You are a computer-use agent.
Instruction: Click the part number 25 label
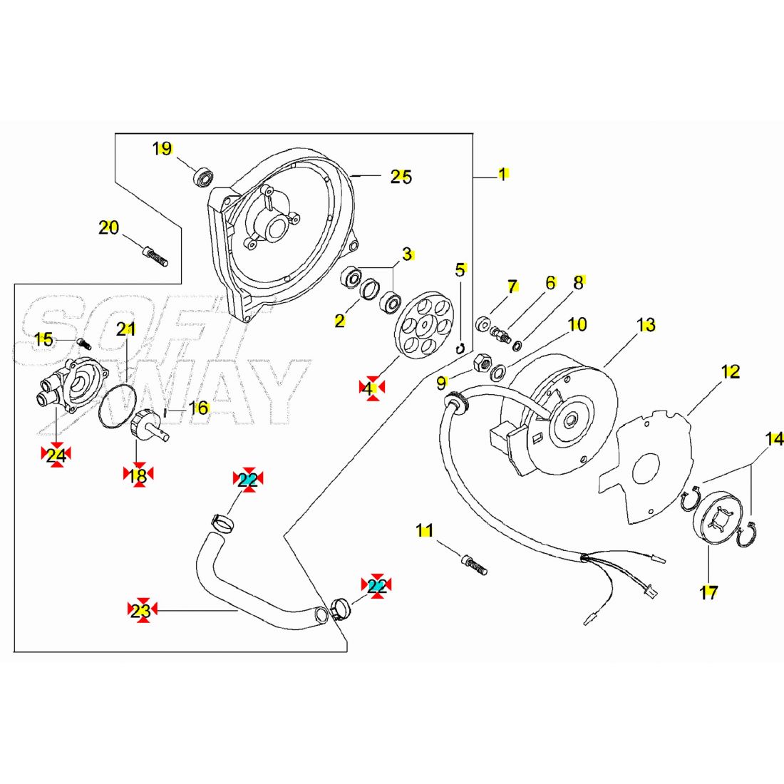coord(401,177)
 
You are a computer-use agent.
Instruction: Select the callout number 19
coord(163,148)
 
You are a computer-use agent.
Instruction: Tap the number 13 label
coord(646,325)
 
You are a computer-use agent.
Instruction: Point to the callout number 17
coord(708,592)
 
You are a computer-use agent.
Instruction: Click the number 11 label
coord(425,530)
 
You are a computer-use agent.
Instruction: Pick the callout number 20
coord(108,228)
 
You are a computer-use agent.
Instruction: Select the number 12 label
coord(731,371)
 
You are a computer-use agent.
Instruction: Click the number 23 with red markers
coord(141,610)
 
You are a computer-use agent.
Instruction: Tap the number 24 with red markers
coord(56,455)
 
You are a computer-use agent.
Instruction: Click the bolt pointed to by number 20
coord(155,254)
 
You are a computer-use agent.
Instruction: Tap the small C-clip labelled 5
coord(460,348)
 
